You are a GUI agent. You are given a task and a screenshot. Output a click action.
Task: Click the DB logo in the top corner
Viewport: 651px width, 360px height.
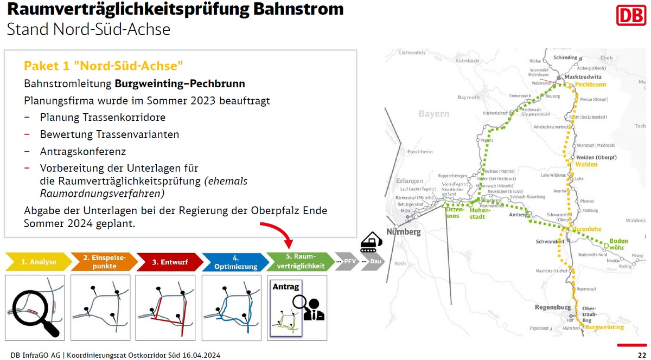630,15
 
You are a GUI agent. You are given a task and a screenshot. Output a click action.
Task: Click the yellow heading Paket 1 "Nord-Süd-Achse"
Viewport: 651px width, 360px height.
103,66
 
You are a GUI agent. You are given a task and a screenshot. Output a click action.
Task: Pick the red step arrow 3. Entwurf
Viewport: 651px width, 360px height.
169,262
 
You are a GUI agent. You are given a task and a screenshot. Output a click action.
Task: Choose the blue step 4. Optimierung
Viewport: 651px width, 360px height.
235,262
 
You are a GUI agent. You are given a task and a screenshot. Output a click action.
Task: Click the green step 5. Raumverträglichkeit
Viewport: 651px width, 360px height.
300,262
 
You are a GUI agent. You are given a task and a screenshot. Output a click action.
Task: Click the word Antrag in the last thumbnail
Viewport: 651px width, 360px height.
285,286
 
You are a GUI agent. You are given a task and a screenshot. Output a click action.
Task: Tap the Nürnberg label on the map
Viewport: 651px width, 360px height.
403,232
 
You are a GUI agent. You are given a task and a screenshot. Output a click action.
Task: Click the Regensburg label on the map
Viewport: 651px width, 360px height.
553,307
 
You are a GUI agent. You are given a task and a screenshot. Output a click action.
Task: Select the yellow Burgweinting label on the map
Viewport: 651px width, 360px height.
605,327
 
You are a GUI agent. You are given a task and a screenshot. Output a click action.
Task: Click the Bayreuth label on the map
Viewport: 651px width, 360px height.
469,98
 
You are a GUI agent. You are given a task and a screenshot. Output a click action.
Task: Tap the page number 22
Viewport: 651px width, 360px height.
641,355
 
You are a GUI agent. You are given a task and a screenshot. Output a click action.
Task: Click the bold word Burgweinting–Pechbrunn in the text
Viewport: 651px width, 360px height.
180,84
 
